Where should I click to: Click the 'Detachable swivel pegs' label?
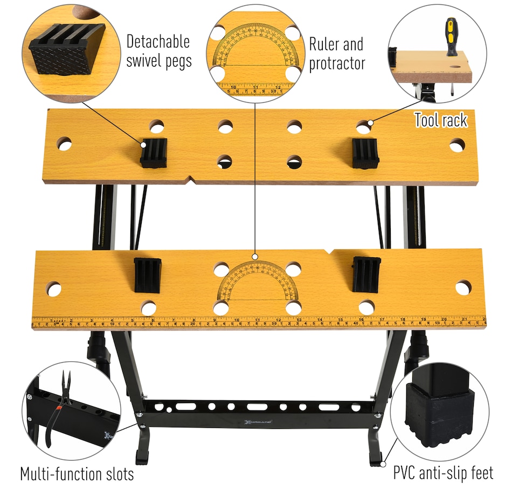coord(158,51)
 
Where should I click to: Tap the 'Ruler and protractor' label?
coord(337,53)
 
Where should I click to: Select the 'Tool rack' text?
coord(440,120)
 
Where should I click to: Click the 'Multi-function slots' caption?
coord(77,474)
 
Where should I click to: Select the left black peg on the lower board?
coord(147,274)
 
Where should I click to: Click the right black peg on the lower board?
coord(366,274)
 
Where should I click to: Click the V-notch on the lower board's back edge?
coord(329,251)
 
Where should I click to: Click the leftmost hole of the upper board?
coord(64,144)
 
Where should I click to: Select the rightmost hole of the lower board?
coord(463,287)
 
